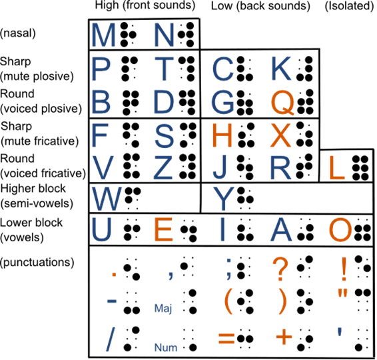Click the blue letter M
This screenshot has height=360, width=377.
[103, 35]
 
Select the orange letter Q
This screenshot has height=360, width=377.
[282, 103]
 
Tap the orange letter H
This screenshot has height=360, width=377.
[222, 135]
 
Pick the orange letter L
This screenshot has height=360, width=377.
[337, 168]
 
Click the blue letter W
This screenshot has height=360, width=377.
[107, 199]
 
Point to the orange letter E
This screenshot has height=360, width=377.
[163, 229]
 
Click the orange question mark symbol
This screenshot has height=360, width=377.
[280, 269]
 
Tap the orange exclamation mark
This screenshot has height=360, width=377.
[344, 269]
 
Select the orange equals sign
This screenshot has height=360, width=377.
[226, 339]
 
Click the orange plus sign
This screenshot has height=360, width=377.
[284, 337]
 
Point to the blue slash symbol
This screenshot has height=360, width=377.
[111, 340]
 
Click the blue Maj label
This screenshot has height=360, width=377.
[163, 308]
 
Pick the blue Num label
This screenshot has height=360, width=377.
[166, 348]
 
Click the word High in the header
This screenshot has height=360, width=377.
[107, 5]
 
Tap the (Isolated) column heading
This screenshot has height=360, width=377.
[349, 6]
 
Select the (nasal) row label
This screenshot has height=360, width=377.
[18, 33]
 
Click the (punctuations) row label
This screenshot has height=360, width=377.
[37, 262]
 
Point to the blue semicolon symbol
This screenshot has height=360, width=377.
[228, 269]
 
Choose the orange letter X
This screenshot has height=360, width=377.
[280, 135]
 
